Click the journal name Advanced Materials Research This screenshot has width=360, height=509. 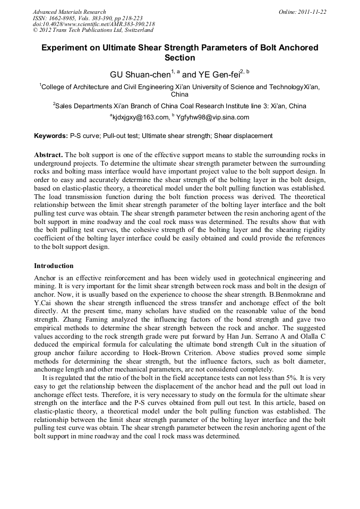click(69, 12)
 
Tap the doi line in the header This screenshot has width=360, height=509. click(94, 24)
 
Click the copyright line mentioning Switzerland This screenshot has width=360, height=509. click(93, 31)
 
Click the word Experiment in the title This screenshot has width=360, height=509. click(67, 48)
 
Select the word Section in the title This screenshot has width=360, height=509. click(180, 58)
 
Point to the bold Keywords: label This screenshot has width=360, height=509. click(51, 136)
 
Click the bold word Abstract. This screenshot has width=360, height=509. click(48, 155)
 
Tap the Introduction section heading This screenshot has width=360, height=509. click(54, 265)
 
